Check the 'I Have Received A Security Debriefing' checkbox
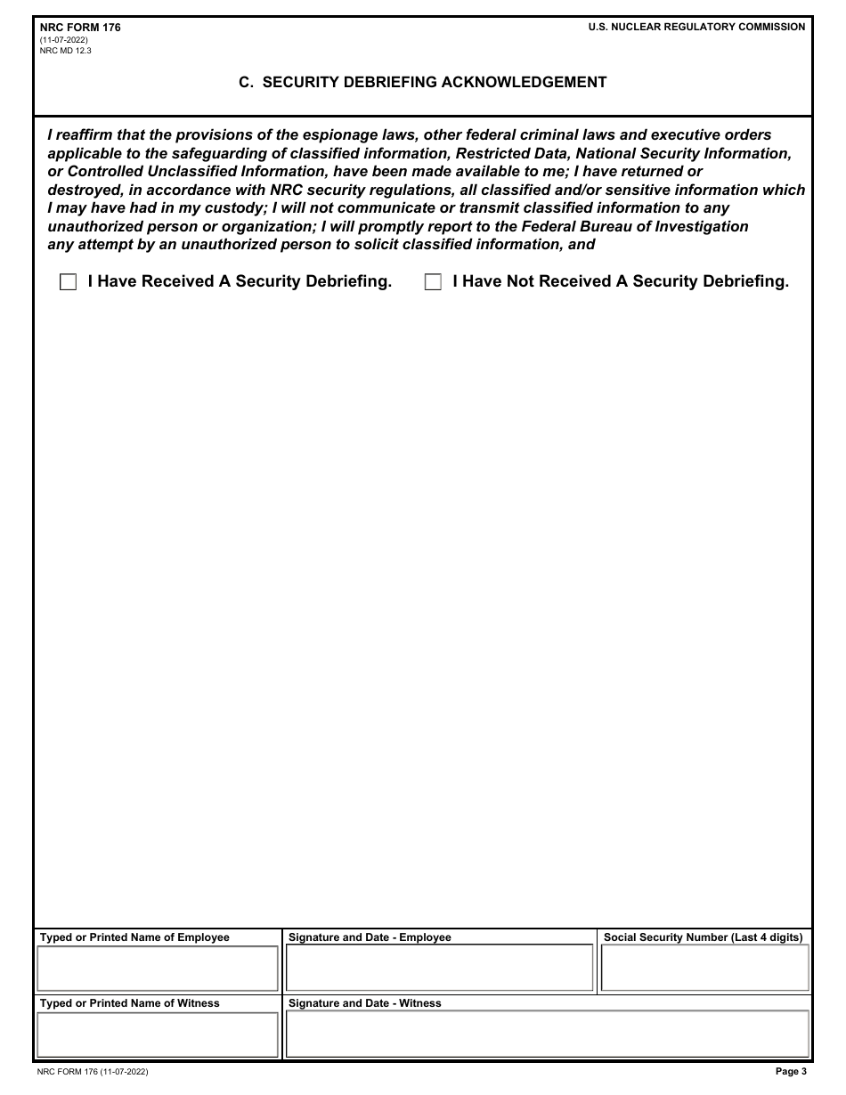pos(68,282)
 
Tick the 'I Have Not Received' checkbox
pos(433,282)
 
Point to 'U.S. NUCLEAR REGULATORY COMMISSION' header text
pos(696,28)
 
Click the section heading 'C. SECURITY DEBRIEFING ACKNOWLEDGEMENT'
pos(423,82)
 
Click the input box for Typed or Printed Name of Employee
pos(158,969)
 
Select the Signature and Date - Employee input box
pos(439,969)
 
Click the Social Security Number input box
pos(704,969)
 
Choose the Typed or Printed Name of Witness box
pos(158,1034)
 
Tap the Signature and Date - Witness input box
pos(547,1034)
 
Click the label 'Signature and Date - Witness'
pos(364,1003)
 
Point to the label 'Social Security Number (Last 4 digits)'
pos(703,937)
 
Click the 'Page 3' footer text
pos(791,1072)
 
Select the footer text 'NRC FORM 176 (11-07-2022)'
pos(94,1072)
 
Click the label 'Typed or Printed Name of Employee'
pos(134,937)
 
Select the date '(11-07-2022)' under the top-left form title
pos(64,40)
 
